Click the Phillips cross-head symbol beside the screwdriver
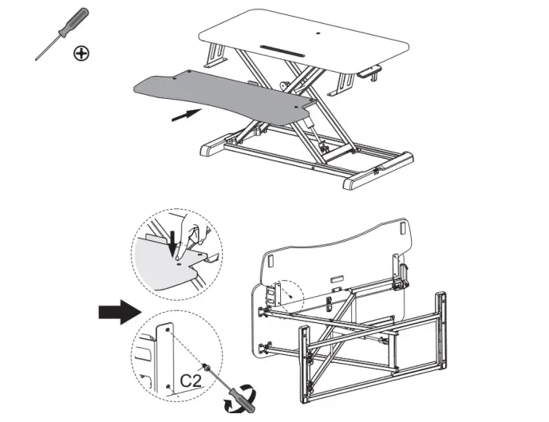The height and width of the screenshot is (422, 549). (81, 53)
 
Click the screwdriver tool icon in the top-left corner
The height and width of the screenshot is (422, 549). (62, 34)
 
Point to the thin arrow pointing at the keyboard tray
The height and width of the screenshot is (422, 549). (185, 115)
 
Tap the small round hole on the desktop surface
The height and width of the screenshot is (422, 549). (321, 34)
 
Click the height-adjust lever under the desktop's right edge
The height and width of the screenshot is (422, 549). (369, 72)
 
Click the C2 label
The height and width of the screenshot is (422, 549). (190, 381)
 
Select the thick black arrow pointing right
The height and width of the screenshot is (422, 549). (117, 311)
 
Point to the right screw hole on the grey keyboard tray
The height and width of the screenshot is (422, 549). (298, 105)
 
